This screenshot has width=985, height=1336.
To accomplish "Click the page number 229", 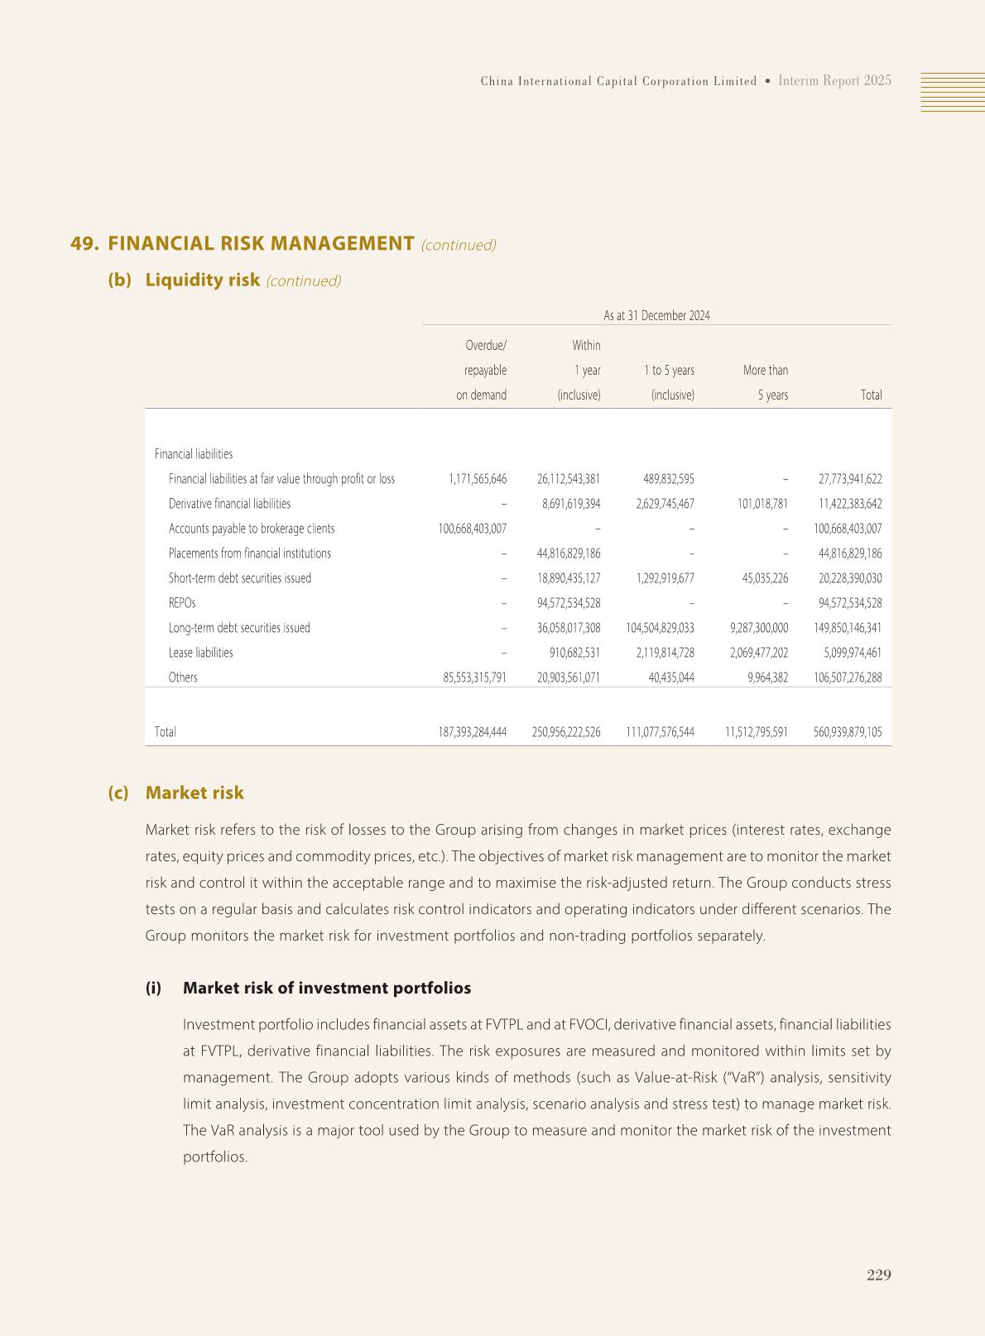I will click(x=878, y=1275).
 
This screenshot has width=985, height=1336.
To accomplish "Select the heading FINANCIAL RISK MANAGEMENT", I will click(x=261, y=243).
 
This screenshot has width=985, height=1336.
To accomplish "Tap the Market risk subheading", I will click(x=195, y=793).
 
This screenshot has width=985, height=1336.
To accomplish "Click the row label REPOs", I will click(x=182, y=603).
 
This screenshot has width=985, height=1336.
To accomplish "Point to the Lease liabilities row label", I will click(x=200, y=653).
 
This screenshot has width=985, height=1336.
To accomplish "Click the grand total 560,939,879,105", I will click(x=848, y=732).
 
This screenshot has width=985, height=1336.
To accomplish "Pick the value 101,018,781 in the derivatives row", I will click(x=759, y=504).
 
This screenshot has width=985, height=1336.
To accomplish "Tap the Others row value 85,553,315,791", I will click(x=475, y=678).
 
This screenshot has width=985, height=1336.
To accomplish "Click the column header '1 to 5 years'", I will click(x=669, y=371).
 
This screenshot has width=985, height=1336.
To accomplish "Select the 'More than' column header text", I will click(x=765, y=371).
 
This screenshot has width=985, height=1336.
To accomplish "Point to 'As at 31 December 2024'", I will click(x=656, y=315).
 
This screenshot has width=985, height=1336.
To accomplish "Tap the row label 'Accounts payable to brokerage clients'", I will click(x=252, y=529).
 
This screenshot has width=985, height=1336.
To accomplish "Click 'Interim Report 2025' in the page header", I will click(x=834, y=80).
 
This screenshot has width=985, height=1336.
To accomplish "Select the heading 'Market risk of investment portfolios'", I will click(x=326, y=988).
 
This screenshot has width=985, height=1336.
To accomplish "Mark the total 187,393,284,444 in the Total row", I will click(x=472, y=732).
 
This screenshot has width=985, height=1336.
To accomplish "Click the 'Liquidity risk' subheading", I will click(x=202, y=280).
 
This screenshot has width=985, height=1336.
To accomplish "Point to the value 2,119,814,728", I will click(x=665, y=653).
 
